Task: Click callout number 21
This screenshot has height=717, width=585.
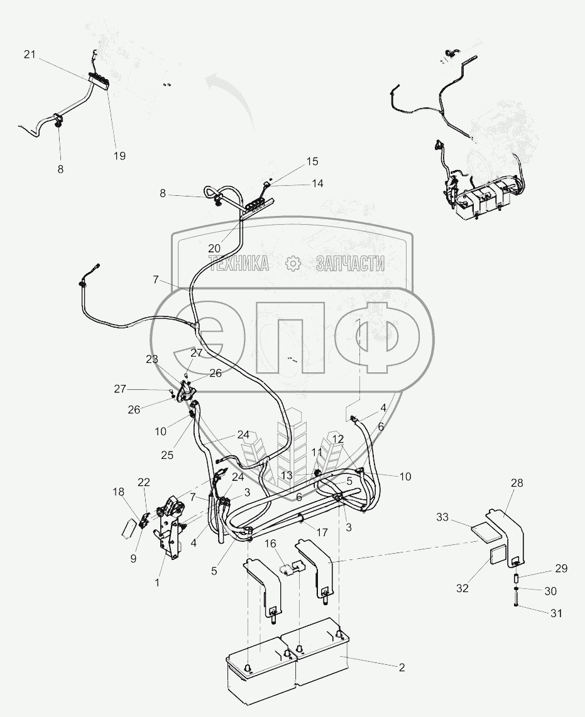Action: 30,55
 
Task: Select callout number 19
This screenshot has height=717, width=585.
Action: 119,156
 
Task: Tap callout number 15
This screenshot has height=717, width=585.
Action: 312,161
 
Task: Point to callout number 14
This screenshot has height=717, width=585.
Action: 317,183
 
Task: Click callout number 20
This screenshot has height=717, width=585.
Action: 214,248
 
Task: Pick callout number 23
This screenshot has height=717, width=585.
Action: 152,359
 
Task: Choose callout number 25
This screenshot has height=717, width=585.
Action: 167,456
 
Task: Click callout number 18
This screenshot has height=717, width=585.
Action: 119,492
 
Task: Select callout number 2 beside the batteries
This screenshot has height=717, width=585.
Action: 402,667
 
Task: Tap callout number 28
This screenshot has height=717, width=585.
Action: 517,483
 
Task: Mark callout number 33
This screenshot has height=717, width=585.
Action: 442,517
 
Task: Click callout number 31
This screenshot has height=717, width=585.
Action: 556,613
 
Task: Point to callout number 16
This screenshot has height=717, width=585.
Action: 271,543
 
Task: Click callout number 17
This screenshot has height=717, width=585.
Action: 322,532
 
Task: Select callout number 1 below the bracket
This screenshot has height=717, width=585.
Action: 157,583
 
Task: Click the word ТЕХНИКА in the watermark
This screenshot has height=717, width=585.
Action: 239,264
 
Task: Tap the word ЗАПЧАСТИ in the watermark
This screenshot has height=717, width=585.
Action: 350,264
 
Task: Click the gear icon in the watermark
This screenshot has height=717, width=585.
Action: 292,263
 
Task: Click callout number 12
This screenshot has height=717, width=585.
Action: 338,438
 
